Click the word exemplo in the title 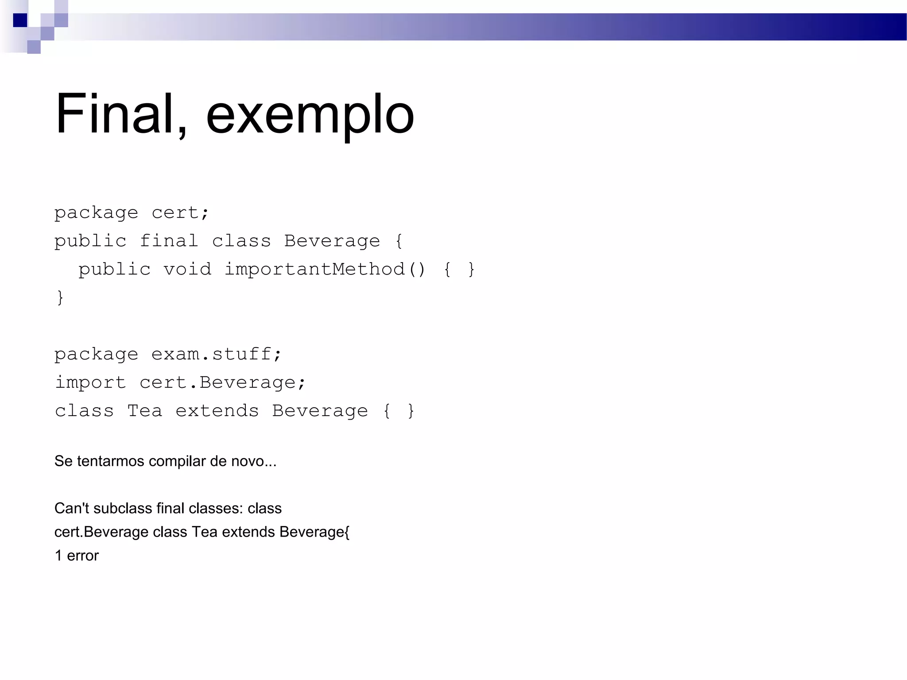(310, 116)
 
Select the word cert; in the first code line (180, 213)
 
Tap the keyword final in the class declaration (169, 241)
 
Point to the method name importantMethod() (325, 269)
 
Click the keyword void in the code (187, 269)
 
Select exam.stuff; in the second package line (216, 354)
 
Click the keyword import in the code (90, 383)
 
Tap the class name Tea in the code (145, 411)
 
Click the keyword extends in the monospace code (217, 411)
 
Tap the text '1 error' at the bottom (77, 556)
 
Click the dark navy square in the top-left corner (20, 20)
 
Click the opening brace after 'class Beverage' (399, 241)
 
